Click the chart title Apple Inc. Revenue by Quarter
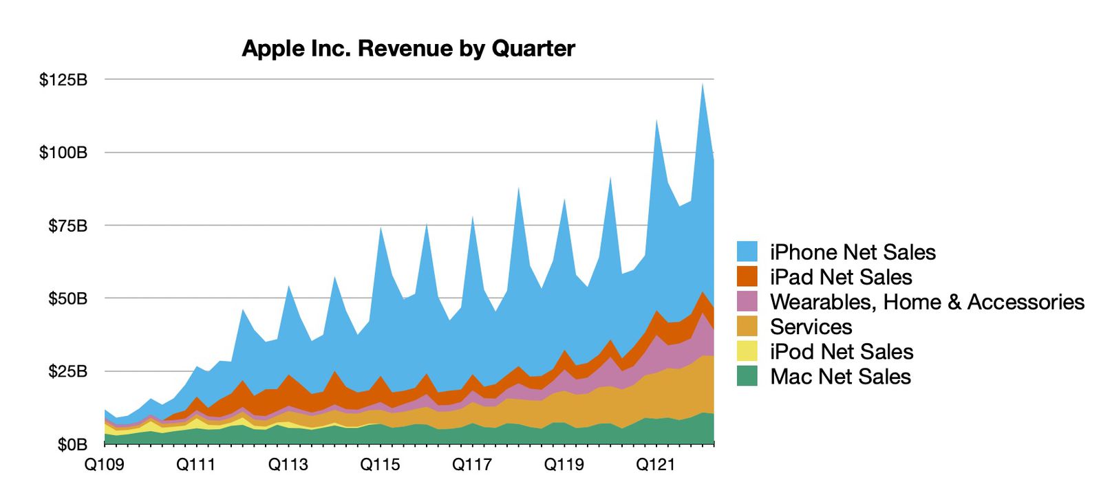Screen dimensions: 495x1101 [x=408, y=49]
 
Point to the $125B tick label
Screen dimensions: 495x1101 [x=63, y=80]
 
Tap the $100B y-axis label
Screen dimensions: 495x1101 [x=63, y=153]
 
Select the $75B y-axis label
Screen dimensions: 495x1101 [x=67, y=225]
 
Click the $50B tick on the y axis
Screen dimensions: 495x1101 [x=67, y=298]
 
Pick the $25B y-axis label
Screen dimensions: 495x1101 [x=67, y=371]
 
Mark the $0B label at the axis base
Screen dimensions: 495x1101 [x=72, y=445]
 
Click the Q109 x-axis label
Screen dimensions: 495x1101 [x=105, y=465]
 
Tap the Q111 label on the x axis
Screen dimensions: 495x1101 [x=196, y=465]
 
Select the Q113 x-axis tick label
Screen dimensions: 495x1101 [x=288, y=465]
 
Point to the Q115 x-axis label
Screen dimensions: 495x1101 [x=380, y=465]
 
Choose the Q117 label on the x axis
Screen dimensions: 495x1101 [x=472, y=465]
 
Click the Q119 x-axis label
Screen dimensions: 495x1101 [x=564, y=465]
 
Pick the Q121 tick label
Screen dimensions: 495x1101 [x=656, y=465]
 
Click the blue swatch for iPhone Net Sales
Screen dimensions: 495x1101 [x=747, y=252]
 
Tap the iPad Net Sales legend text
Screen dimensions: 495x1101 [x=841, y=277]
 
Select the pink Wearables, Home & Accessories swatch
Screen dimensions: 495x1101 [x=747, y=302]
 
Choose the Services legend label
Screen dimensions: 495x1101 [x=811, y=327]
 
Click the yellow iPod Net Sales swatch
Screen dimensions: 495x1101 [x=747, y=351]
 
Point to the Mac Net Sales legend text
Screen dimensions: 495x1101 [x=840, y=376]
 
